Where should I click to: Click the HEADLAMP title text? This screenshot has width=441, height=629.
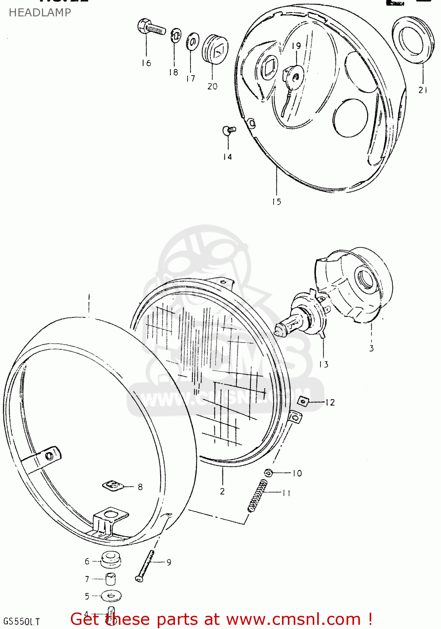[x=40, y=13]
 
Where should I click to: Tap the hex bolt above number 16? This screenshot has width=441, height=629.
[x=151, y=28]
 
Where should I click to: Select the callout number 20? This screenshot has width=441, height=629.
[x=212, y=86]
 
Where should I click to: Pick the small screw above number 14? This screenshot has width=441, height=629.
[x=229, y=130]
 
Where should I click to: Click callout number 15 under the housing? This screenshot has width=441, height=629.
[x=277, y=202]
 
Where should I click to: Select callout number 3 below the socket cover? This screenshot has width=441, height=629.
[x=371, y=348]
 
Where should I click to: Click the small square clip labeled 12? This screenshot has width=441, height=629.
[x=304, y=402]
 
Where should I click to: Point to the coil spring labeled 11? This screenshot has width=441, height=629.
[x=257, y=495]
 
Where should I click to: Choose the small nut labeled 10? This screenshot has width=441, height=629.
[x=269, y=473]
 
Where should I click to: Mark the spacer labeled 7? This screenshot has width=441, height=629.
[x=111, y=579]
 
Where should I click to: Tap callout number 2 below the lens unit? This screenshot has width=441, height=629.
[x=222, y=491]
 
